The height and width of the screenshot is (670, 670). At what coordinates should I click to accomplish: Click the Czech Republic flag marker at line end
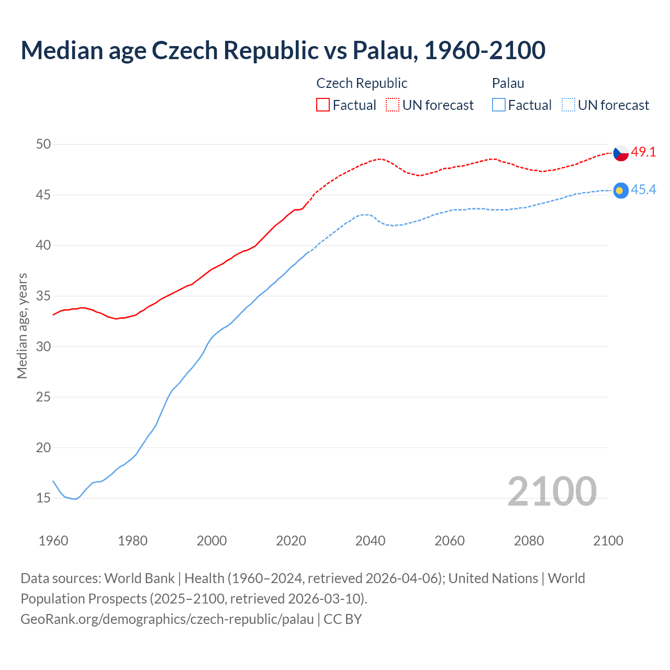click(621, 153)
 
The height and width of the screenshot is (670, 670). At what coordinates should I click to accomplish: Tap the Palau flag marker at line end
click(621, 191)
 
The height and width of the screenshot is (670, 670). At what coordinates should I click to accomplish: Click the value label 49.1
click(643, 152)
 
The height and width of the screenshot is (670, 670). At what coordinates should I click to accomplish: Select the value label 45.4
click(643, 190)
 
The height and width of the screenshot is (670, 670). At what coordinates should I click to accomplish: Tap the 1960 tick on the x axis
click(53, 541)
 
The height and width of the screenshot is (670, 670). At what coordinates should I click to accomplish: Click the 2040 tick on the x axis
click(370, 541)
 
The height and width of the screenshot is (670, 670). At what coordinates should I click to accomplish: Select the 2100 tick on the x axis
click(608, 541)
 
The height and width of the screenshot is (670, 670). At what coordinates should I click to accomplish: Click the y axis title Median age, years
click(22, 326)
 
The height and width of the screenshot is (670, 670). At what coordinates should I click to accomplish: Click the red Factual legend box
click(323, 105)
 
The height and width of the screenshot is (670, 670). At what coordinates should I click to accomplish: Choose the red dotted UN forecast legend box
click(393, 105)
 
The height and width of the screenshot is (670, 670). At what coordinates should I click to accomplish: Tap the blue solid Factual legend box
click(499, 105)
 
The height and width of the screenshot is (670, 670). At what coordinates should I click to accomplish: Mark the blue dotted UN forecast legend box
click(568, 105)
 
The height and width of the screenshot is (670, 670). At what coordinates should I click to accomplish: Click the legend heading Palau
click(508, 83)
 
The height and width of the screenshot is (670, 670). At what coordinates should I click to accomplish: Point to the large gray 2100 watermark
click(552, 491)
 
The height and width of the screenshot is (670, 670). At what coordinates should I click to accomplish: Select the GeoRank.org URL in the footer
click(167, 619)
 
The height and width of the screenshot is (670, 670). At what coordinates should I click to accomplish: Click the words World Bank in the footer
click(139, 578)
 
